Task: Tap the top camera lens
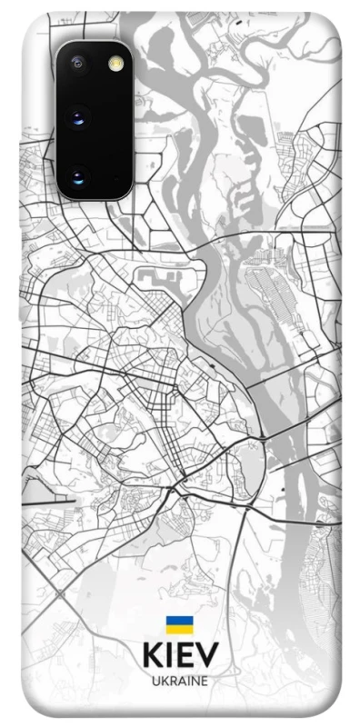tap(77, 63)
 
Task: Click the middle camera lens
tap(78, 117)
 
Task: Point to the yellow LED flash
tap(115, 63)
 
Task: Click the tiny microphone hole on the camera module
tap(114, 90)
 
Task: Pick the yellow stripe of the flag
tap(180, 630)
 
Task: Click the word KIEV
tap(180, 656)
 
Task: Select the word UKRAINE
tap(180, 680)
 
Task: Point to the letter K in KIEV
tap(152, 656)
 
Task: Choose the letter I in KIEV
tap(169, 656)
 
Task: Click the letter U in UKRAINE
tap(155, 680)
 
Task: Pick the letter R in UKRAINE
tap(173, 680)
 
